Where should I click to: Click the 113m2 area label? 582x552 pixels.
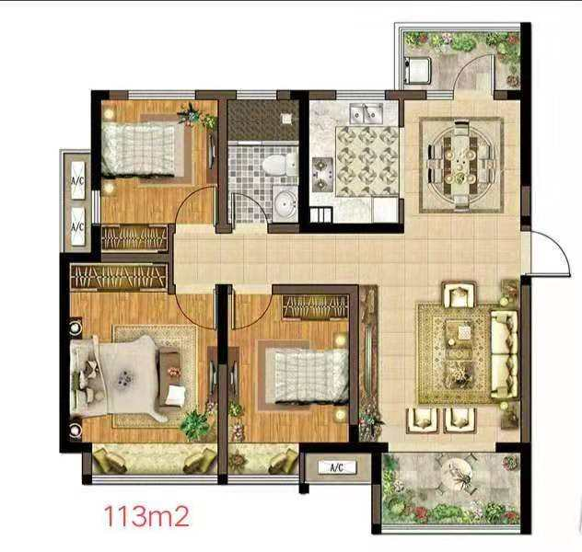point(146,516)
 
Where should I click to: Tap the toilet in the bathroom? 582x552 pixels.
point(280,165)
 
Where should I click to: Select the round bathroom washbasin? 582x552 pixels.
point(285,204)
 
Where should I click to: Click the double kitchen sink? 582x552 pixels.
point(367,112)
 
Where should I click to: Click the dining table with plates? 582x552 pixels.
point(460,165)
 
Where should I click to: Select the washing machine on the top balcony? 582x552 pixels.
point(417,69)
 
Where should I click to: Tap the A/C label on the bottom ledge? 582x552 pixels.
point(337,467)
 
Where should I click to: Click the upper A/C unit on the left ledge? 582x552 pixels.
point(77,180)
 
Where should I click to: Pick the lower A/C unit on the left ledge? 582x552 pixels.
point(77,225)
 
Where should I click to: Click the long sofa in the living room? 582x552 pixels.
point(504,354)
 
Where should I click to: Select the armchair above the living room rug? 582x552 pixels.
point(459,294)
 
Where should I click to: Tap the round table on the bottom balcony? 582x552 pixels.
point(458,476)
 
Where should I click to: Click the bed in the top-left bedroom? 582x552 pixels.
point(138,149)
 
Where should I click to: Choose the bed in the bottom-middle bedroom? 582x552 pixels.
point(311,376)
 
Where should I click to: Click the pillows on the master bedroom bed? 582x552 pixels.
point(87,377)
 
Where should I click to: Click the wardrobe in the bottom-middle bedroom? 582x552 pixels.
point(316,307)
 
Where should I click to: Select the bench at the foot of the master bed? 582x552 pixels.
point(169,376)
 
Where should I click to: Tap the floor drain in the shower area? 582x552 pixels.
point(286,119)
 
